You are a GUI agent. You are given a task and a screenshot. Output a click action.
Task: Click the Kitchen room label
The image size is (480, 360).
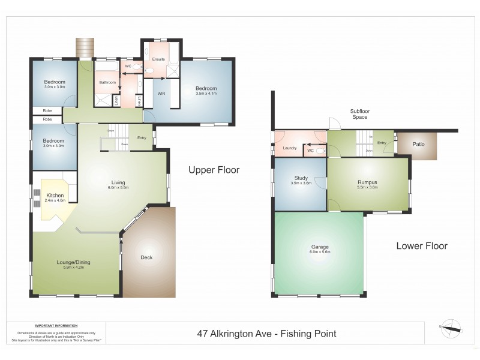tap(55, 196)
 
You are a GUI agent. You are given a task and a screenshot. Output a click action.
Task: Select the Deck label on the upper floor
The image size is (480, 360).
tap(146, 258)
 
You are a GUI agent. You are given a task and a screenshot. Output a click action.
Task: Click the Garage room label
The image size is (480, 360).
tap(319, 247)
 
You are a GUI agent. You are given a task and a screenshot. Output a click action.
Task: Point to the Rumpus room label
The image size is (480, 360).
tap(367, 182)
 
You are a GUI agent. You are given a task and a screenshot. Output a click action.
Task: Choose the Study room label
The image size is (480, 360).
tap(301, 178)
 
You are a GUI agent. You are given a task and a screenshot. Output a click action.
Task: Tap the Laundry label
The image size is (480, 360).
tap(290, 148)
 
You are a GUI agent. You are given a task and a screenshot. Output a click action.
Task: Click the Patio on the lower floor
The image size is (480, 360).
tap(419, 144)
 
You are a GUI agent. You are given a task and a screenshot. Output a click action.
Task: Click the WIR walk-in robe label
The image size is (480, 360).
tap(161, 94)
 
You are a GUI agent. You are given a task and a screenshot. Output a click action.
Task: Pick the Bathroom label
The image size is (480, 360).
tap(107, 82)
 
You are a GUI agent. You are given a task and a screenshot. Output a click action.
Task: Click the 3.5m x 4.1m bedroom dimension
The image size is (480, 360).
tap(205, 94)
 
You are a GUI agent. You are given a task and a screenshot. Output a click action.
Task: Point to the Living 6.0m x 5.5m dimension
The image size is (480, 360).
tap(118, 188)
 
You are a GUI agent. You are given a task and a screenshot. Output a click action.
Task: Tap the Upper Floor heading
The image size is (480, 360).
tap(214, 170)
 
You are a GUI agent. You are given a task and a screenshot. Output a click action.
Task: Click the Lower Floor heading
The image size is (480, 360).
tap(421, 246)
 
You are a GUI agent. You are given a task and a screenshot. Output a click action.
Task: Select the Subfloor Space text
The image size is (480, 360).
tap(359, 114)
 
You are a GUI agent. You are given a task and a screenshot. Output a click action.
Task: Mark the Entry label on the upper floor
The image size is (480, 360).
tap(142, 139)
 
